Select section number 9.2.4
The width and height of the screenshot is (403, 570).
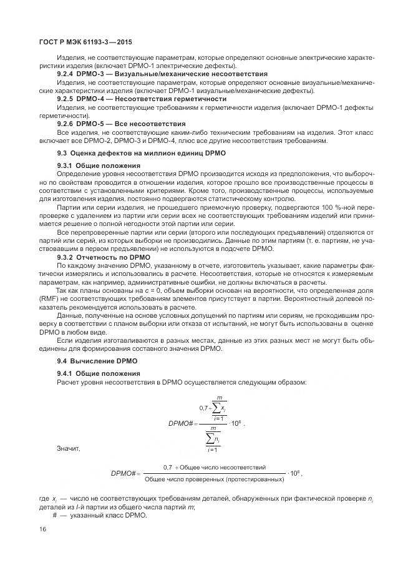click(x=66, y=74)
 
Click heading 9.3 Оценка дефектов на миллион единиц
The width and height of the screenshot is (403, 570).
click(x=141, y=153)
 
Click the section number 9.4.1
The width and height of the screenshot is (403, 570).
click(x=66, y=373)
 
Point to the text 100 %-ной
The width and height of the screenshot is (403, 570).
click(x=339, y=206)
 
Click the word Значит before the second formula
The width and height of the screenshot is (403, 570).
click(x=68, y=448)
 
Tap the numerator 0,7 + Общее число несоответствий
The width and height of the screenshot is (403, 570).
click(x=215, y=467)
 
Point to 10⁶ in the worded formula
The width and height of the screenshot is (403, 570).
click(x=294, y=473)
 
